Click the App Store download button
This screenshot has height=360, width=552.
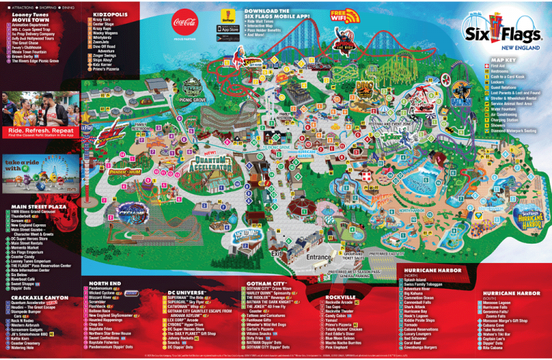tap(229, 29)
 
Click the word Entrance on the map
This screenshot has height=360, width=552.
tap(319, 257)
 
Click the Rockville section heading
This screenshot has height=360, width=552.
tap(341, 297)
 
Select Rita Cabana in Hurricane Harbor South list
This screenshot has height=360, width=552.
tap(494, 349)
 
